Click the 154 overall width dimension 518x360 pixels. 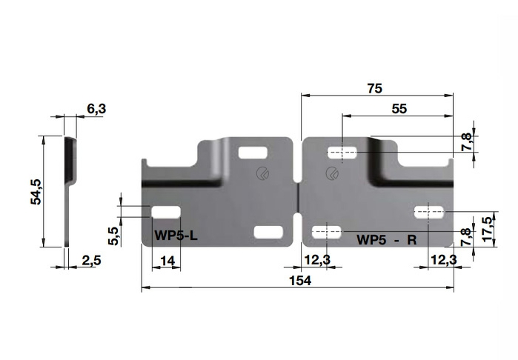coord(300,281)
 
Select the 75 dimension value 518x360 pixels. coord(375,88)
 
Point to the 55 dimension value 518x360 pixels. coord(399,109)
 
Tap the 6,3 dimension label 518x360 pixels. coord(97,109)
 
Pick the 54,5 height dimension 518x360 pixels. coord(36,192)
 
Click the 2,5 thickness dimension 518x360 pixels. coord(91,261)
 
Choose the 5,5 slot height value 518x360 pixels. coord(113,236)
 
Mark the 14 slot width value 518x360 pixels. coord(167,261)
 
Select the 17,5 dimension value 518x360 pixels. coord(488,229)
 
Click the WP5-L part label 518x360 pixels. coord(176,236)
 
